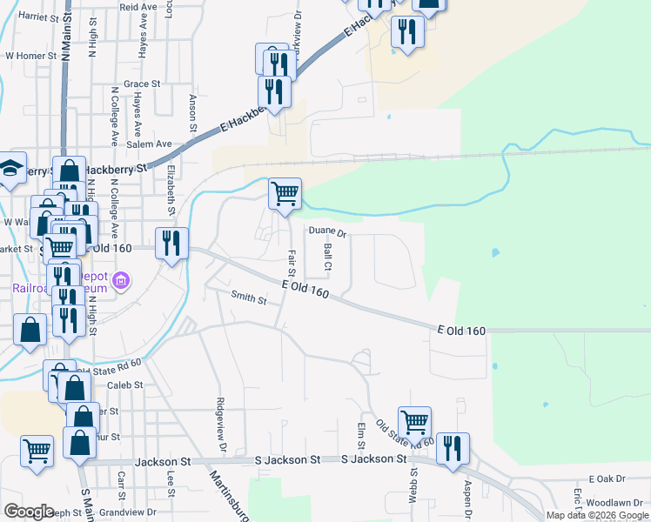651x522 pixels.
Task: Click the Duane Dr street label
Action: click(x=329, y=233)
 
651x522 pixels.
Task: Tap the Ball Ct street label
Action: click(x=329, y=256)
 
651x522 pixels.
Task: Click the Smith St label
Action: click(x=248, y=298)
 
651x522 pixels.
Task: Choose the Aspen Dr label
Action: click(x=467, y=494)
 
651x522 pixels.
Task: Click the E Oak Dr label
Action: click(x=607, y=479)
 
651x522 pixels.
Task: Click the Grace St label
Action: click(x=143, y=84)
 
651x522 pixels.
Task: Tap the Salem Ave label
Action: click(x=150, y=144)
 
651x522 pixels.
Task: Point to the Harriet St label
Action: click(x=37, y=16)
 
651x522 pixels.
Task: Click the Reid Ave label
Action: click(x=138, y=6)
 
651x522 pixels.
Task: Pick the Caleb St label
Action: click(x=124, y=385)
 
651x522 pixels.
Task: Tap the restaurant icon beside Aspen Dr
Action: click(x=453, y=449)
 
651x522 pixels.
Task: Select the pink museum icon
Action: click(x=121, y=281)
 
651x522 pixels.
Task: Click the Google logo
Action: click(x=29, y=511)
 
